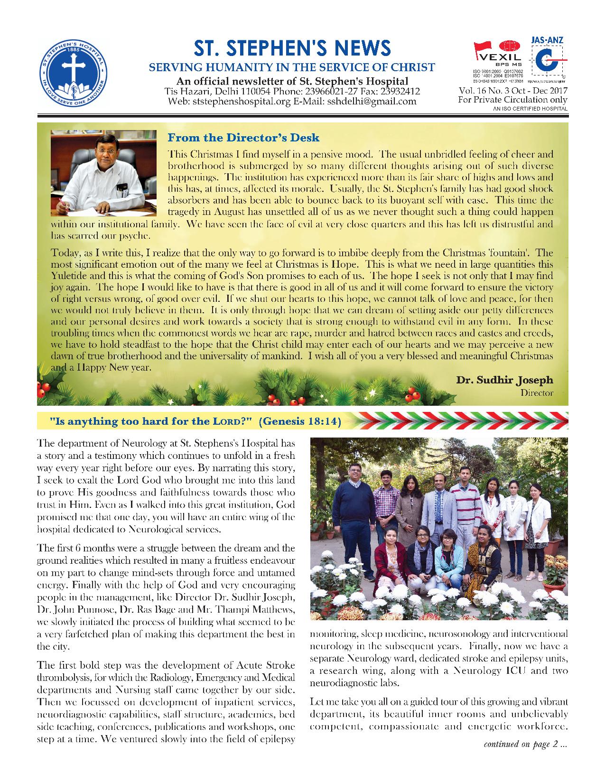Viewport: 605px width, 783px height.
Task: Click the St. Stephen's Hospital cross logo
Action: click(73, 71)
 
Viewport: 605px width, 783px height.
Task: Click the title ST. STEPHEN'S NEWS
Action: click(292, 48)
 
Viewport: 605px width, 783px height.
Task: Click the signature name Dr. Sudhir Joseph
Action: click(504, 380)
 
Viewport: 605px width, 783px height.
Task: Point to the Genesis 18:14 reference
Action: click(301, 421)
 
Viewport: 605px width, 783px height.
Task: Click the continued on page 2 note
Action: click(525, 744)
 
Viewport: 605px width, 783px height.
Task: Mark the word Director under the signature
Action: click(537, 392)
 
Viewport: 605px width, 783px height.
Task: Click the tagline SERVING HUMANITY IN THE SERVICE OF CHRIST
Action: click(292, 67)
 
